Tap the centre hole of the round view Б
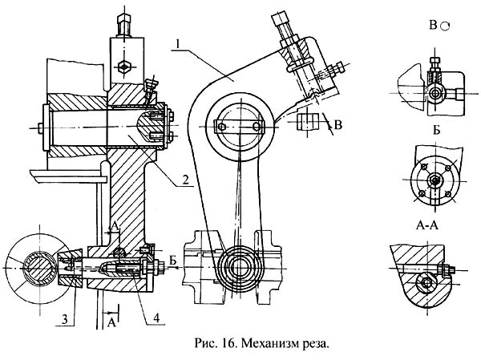pos(433,180)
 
